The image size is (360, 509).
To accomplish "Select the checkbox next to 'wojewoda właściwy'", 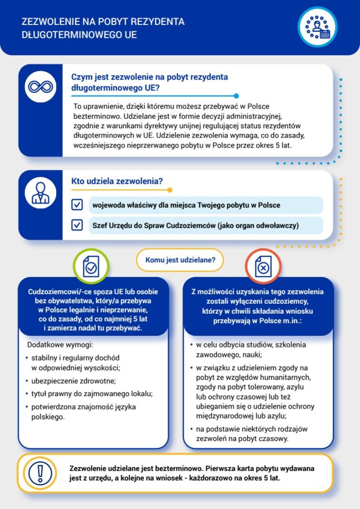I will click(77, 205).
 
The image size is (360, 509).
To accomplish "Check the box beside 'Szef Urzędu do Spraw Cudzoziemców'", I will click(77, 225).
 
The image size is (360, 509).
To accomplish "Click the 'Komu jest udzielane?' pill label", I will click(180, 259).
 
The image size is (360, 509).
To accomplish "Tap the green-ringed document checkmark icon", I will click(91, 267).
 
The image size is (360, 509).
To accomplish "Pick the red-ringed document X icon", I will click(263, 267).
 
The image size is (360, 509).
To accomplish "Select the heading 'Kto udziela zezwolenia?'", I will click(117, 182).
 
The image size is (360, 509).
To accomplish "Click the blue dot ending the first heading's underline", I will click(236, 96).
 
